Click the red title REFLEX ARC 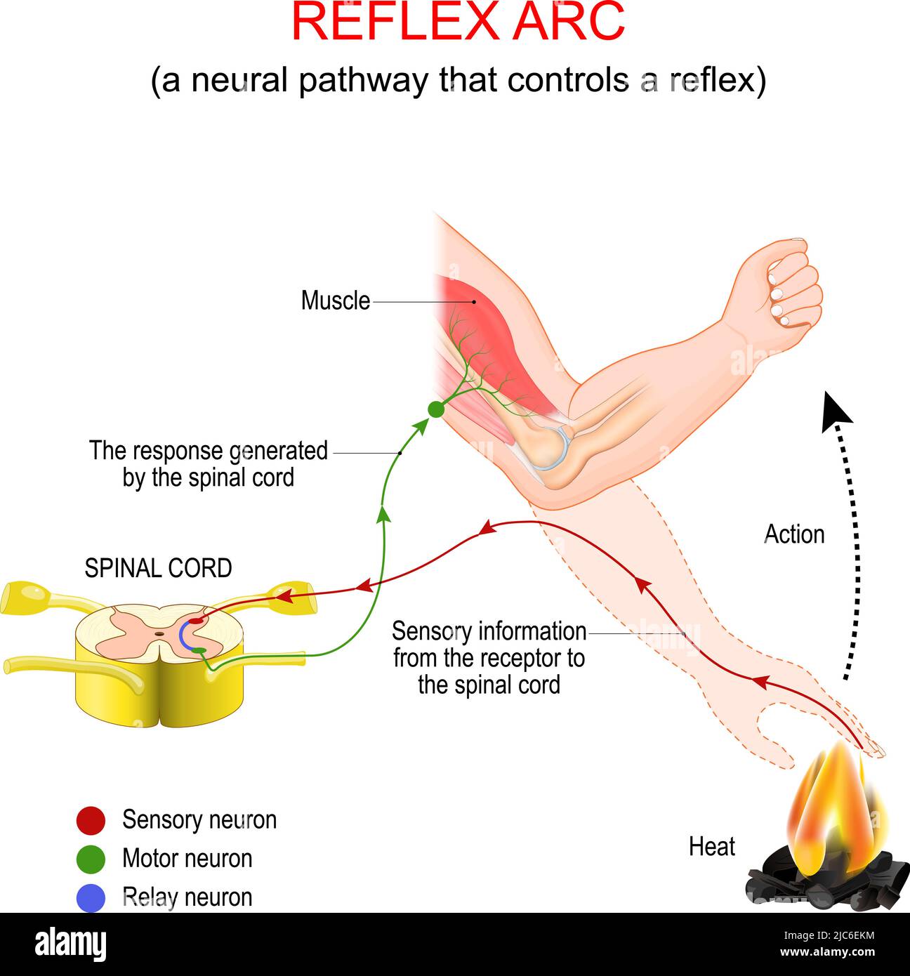pos(457,22)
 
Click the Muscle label pos(335,301)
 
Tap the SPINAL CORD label pos(158,568)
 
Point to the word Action pos(793,534)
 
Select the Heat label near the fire pos(711,847)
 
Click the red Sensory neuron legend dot pos(91,820)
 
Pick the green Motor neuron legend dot pos(91,859)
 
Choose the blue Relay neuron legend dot pos(91,897)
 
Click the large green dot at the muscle pos(436,409)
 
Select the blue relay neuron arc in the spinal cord pos(182,636)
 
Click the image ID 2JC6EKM pos(827,935)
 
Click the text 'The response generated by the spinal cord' pos(208,464)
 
